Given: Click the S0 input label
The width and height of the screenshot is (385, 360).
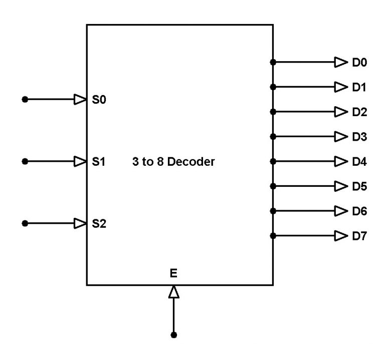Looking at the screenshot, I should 99,100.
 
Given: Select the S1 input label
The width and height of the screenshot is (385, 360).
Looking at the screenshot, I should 99,162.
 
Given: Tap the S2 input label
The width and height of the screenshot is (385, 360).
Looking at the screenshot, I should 99,223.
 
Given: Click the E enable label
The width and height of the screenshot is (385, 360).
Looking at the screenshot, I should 173,273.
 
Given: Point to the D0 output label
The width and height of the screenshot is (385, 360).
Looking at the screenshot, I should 359,63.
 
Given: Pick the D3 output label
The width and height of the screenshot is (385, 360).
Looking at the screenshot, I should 359,137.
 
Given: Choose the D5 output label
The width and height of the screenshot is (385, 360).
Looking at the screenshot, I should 359,187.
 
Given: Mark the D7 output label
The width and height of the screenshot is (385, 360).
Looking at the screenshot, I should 359,236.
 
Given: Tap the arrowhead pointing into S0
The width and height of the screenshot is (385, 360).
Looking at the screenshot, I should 80,100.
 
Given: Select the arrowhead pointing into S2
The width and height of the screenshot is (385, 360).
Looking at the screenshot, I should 80,223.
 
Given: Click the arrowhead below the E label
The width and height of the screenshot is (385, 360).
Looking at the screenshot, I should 173,292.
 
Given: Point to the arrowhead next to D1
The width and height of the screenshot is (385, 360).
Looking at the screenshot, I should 341,87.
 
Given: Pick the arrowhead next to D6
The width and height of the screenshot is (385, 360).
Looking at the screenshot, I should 341,211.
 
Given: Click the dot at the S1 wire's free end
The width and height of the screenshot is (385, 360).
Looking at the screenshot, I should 25,161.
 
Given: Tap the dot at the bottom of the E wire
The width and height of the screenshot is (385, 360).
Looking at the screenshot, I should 173,334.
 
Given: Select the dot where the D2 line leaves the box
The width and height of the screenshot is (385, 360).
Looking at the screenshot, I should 273,112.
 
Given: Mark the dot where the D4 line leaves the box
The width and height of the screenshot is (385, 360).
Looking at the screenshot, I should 273,161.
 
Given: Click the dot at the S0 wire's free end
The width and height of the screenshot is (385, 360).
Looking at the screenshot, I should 25,100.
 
